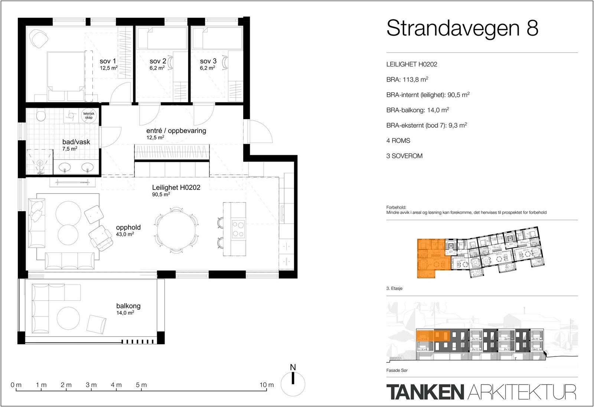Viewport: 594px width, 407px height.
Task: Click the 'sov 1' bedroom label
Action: tap(108, 61)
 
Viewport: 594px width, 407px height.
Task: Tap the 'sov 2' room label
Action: tap(158, 61)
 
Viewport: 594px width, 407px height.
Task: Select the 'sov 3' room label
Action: tap(208, 61)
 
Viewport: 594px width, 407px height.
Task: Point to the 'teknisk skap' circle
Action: tap(89, 115)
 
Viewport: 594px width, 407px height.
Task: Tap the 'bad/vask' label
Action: tap(76, 142)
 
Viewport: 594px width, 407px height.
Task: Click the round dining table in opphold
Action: tap(176, 230)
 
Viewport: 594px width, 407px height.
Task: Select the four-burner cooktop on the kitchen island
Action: tap(238, 229)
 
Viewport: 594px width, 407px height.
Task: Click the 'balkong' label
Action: tap(128, 306)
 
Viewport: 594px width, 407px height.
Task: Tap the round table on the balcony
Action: tap(68, 318)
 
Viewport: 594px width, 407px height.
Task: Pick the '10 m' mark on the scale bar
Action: tap(267, 385)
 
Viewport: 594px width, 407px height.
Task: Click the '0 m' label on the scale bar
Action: tap(16, 385)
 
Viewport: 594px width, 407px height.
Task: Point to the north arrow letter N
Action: tap(293, 368)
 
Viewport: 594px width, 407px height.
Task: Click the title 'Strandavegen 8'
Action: tap(462, 28)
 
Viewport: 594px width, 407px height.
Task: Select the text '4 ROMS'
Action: tap(398, 141)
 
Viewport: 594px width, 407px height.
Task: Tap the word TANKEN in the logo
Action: tap(425, 392)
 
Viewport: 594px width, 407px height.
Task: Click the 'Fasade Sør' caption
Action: tap(397, 370)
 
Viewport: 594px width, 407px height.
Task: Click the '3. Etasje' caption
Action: tap(394, 289)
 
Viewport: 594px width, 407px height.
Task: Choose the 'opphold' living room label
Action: tap(128, 227)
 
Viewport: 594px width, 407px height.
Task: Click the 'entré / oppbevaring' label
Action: tap(176, 131)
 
